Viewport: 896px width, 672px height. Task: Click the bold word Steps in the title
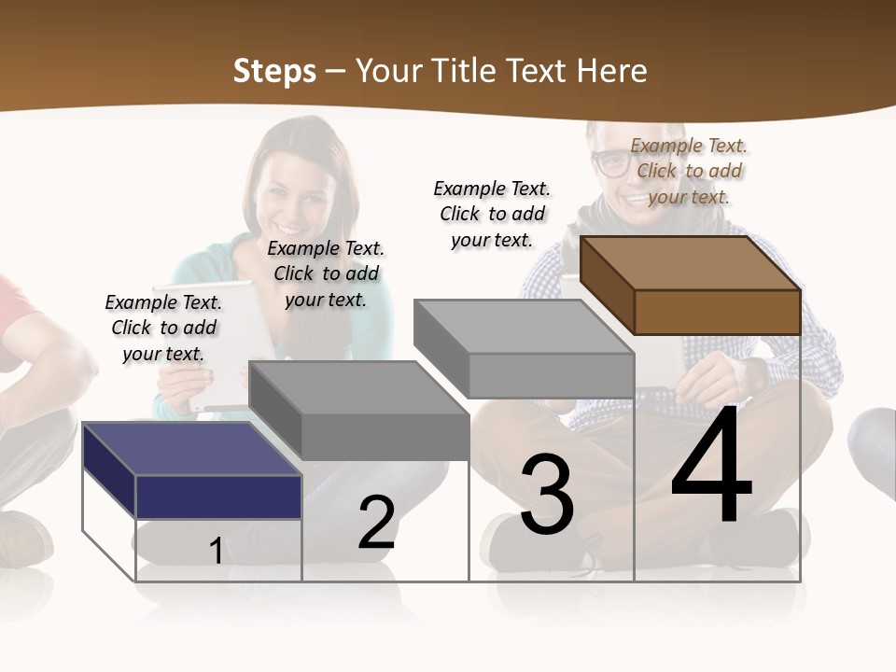(274, 71)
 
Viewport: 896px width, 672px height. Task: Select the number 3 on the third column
(547, 496)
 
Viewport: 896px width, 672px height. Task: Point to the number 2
(376, 524)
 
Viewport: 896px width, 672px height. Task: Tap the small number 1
(216, 552)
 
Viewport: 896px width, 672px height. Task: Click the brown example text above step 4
(689, 171)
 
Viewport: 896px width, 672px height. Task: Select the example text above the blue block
(163, 328)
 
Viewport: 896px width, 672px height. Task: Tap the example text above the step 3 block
(492, 214)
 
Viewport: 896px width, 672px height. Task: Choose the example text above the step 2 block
(326, 273)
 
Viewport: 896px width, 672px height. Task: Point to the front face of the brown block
(717, 312)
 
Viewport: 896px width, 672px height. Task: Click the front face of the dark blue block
(218, 497)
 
